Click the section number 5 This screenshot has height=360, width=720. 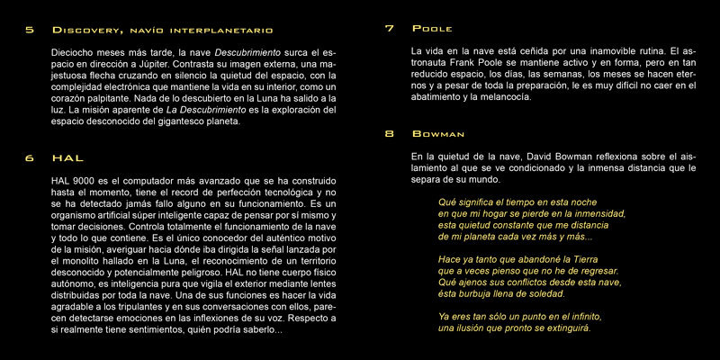(x=30, y=29)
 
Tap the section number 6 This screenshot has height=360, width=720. (x=30, y=157)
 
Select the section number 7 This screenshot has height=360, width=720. (x=389, y=29)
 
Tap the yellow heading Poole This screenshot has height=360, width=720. (x=434, y=29)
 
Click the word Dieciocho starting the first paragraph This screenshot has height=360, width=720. (x=77, y=53)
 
